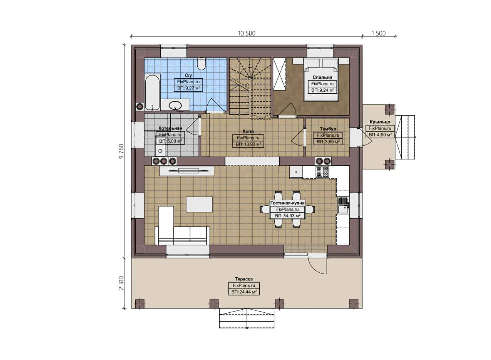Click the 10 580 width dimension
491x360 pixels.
pyautogui.click(x=247, y=33)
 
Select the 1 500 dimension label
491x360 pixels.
pyautogui.click(x=378, y=33)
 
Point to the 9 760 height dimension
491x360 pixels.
pyautogui.click(x=121, y=151)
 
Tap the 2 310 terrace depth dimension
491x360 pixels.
pyautogui.click(x=121, y=283)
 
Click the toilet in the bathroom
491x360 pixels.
pyautogui.click(x=201, y=64)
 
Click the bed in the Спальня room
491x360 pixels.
pyautogui.click(x=321, y=80)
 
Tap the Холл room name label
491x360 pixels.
pyautogui.click(x=248, y=131)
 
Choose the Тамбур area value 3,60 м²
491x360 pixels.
pyautogui.click(x=328, y=142)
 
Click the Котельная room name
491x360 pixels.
pyautogui.click(x=170, y=128)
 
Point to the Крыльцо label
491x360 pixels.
pyautogui.click(x=380, y=122)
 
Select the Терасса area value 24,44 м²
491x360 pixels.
pyautogui.click(x=244, y=292)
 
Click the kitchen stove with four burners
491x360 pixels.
pyautogui.click(x=322, y=172)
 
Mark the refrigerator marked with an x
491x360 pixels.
pyautogui.click(x=296, y=172)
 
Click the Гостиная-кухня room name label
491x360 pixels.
pyautogui.click(x=287, y=203)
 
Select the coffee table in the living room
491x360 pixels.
pyautogui.click(x=199, y=204)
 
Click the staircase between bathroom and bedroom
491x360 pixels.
pyautogui.click(x=250, y=88)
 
